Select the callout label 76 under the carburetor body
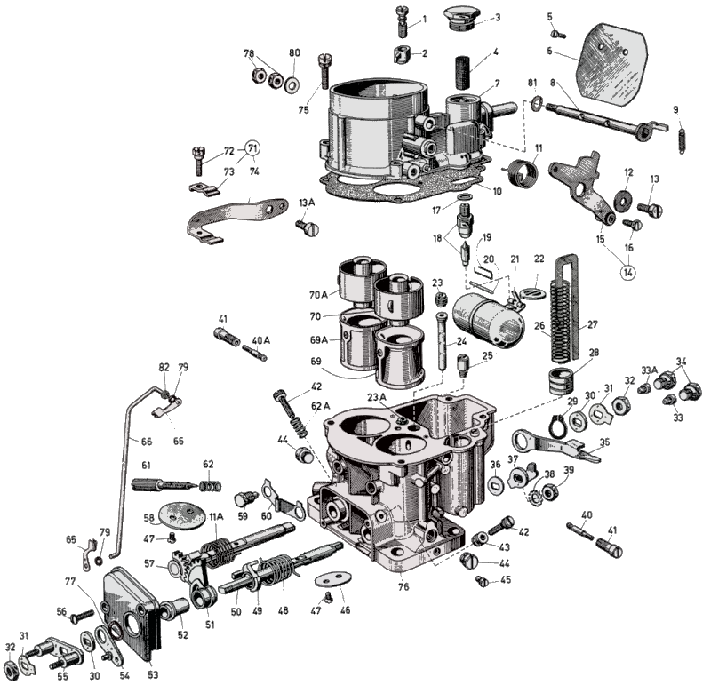(405, 586)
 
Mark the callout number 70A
(318, 295)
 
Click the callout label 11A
(216, 515)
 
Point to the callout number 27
(593, 325)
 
